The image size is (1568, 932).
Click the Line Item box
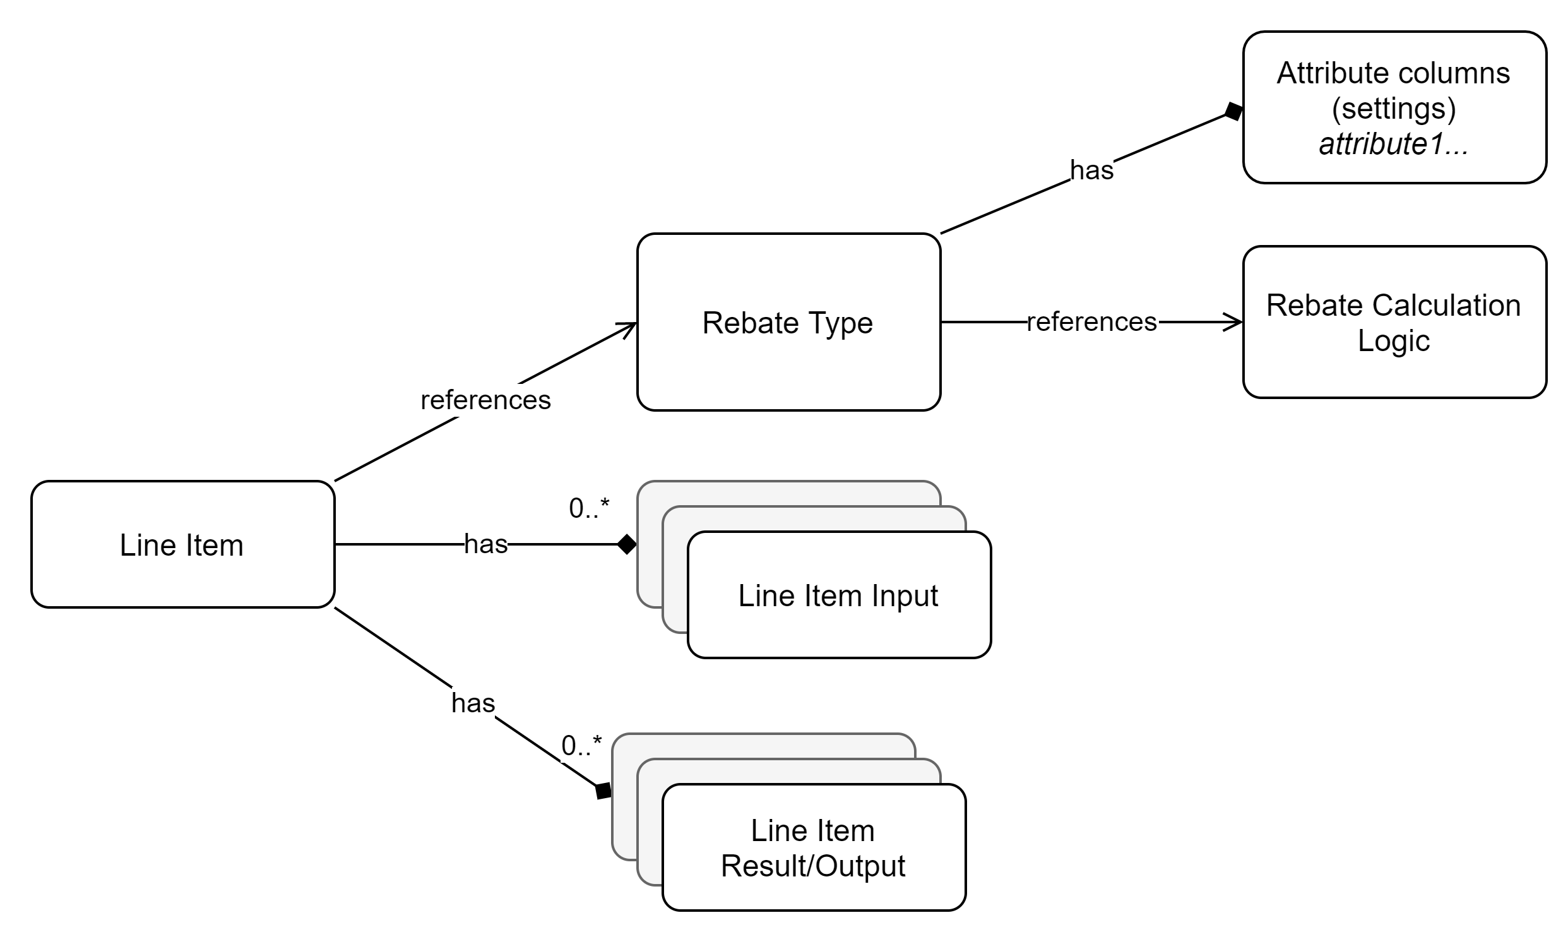(x=182, y=544)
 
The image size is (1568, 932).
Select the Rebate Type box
(x=788, y=322)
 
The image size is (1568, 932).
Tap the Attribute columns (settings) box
(x=1394, y=107)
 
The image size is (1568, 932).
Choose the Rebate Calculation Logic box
(x=1394, y=322)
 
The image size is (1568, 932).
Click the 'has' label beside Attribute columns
(x=1091, y=170)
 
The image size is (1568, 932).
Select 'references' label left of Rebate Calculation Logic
(x=1093, y=322)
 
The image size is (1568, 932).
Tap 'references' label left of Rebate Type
(x=487, y=400)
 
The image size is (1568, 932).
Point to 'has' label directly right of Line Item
(x=485, y=544)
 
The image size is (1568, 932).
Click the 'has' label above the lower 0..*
(x=473, y=703)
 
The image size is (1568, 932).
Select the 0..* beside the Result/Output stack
(x=581, y=746)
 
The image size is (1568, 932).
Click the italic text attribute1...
(x=1393, y=145)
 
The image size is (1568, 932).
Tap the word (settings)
(x=1394, y=109)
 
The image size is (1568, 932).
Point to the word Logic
(x=1394, y=341)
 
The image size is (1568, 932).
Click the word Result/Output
(x=813, y=866)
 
